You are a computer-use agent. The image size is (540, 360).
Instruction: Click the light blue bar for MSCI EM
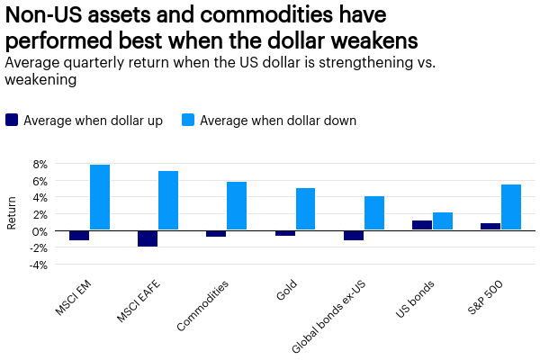pyautogui.click(x=100, y=197)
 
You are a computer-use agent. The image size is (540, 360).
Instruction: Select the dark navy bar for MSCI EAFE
pyautogui.click(x=148, y=238)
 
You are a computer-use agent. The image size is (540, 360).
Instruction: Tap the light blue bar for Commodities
pyautogui.click(x=237, y=206)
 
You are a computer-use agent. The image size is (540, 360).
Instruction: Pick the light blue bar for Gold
pyautogui.click(x=305, y=209)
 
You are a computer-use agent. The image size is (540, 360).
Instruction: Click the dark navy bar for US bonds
pyautogui.click(x=422, y=225)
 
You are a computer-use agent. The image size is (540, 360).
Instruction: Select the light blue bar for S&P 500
pyautogui.click(x=511, y=207)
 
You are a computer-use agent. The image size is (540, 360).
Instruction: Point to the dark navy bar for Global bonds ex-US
pyautogui.click(x=354, y=235)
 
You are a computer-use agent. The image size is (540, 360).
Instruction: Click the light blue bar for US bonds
pyautogui.click(x=443, y=221)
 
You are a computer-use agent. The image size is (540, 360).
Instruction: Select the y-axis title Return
pyautogui.click(x=12, y=214)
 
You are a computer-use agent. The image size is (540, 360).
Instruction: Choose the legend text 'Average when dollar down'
pyautogui.click(x=278, y=120)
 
